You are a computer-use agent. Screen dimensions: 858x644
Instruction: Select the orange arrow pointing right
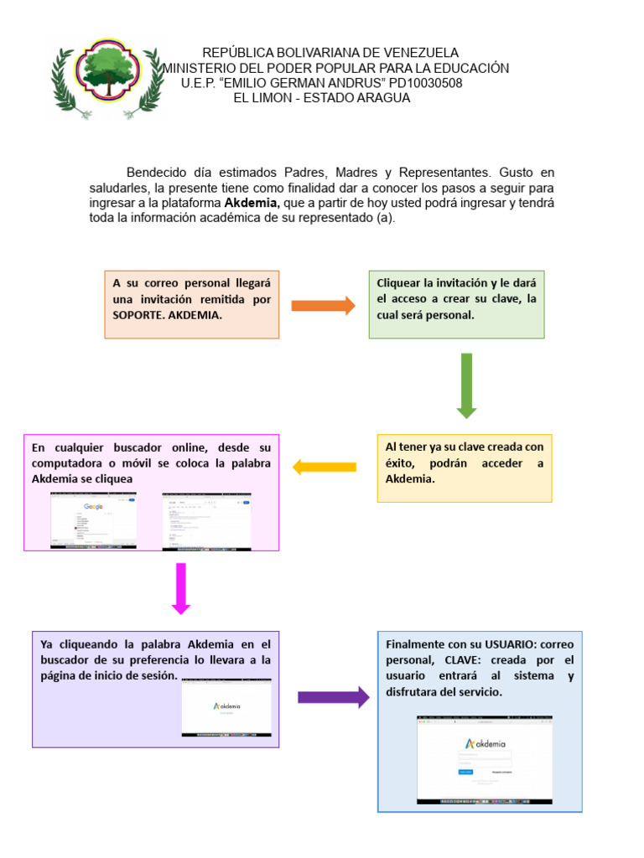pyautogui.click(x=323, y=305)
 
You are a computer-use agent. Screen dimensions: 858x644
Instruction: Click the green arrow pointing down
pyautogui.click(x=466, y=385)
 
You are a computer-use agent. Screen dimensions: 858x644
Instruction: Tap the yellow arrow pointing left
pyautogui.click(x=325, y=467)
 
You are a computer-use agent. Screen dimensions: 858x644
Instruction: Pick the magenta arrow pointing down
pyautogui.click(x=181, y=588)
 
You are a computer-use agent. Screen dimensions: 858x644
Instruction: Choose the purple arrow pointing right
pyautogui.click(x=333, y=697)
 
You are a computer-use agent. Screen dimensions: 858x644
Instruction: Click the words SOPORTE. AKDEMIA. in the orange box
pyautogui.click(x=168, y=315)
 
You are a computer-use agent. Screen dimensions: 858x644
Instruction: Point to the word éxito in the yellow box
pyautogui.click(x=402, y=463)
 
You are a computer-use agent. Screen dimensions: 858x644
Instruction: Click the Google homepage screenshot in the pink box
pyautogui.click(x=93, y=520)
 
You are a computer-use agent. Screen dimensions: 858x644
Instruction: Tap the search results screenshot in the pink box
pyautogui.click(x=206, y=521)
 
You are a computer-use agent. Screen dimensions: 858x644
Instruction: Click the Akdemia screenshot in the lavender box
pyautogui.click(x=226, y=707)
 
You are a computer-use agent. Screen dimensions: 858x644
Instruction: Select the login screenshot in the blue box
pyautogui.click(x=485, y=760)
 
